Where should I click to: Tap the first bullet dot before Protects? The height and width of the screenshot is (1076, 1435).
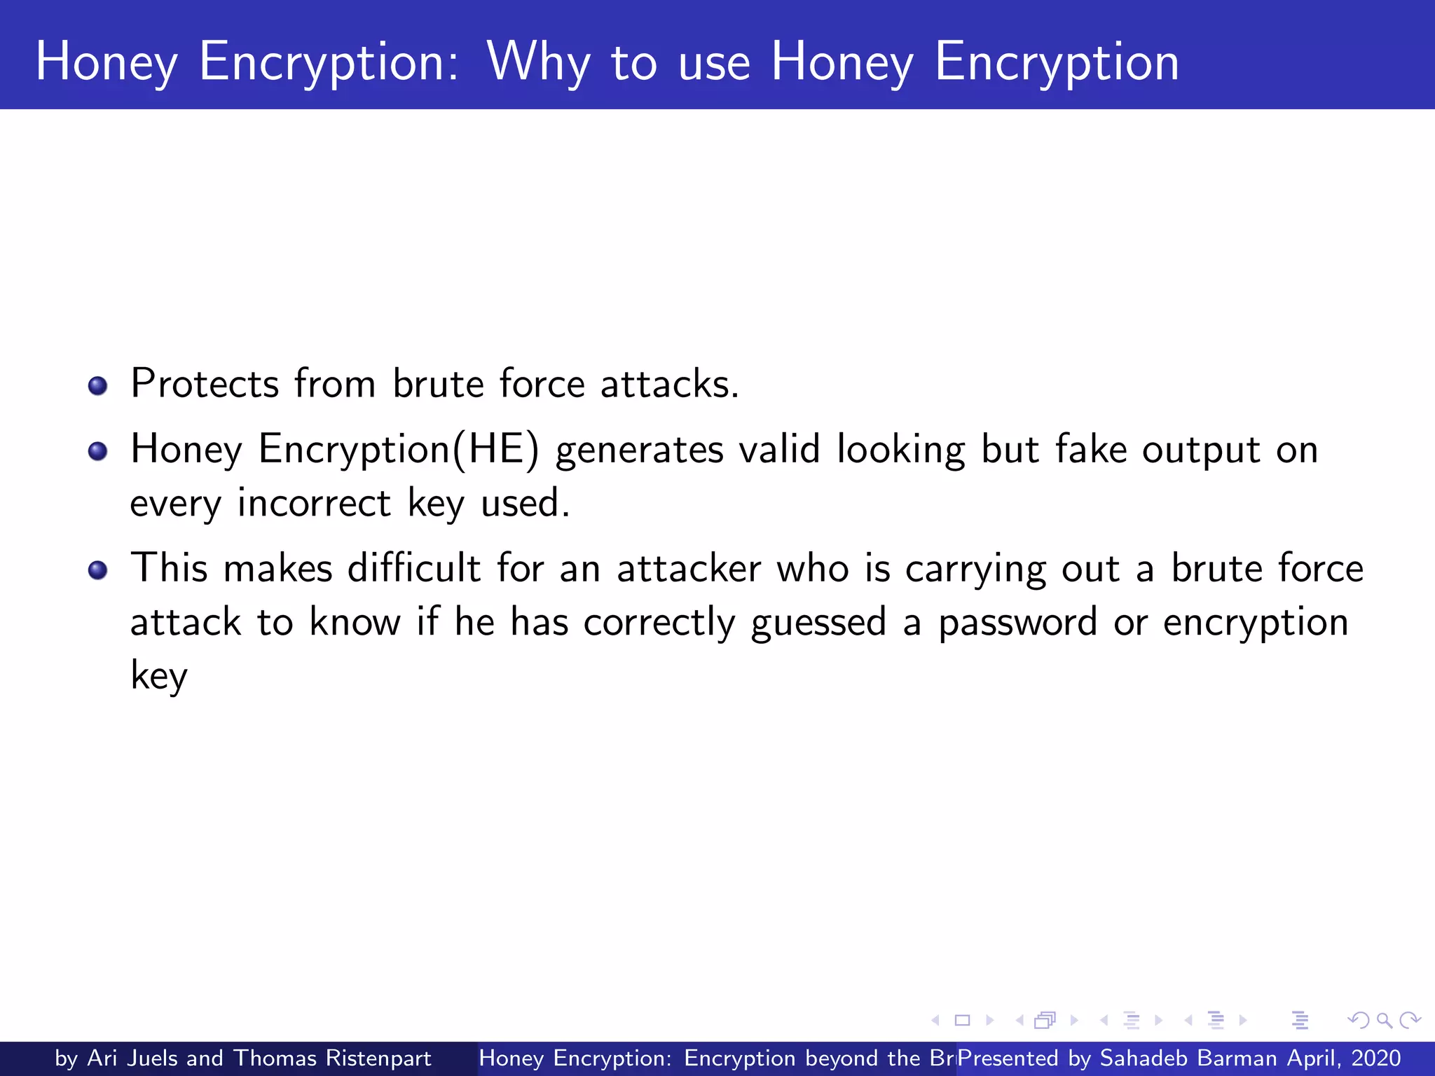click(x=98, y=386)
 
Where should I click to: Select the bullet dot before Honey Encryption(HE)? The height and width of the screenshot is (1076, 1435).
click(x=98, y=451)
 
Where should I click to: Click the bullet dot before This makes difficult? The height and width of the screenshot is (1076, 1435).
click(x=98, y=570)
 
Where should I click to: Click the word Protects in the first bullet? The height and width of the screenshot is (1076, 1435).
click(x=205, y=384)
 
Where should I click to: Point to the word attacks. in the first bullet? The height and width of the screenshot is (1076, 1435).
click(x=669, y=384)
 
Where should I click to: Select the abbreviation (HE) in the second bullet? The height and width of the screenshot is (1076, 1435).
click(x=496, y=449)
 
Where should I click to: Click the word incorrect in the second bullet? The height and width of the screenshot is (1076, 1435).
click(x=313, y=503)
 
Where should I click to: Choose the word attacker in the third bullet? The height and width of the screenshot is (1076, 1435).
click(x=688, y=568)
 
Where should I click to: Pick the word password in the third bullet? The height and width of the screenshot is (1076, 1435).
click(x=1017, y=623)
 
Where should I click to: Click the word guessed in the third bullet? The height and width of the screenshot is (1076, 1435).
click(x=818, y=623)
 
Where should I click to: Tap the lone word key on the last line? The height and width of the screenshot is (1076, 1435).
click(x=159, y=676)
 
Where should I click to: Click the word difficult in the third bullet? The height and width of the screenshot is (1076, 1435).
click(x=414, y=568)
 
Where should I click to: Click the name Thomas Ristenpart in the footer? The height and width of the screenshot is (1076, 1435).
click(x=332, y=1058)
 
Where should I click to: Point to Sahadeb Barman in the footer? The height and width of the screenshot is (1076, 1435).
click(x=1188, y=1058)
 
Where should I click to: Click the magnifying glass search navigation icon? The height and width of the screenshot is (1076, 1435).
click(x=1384, y=1020)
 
